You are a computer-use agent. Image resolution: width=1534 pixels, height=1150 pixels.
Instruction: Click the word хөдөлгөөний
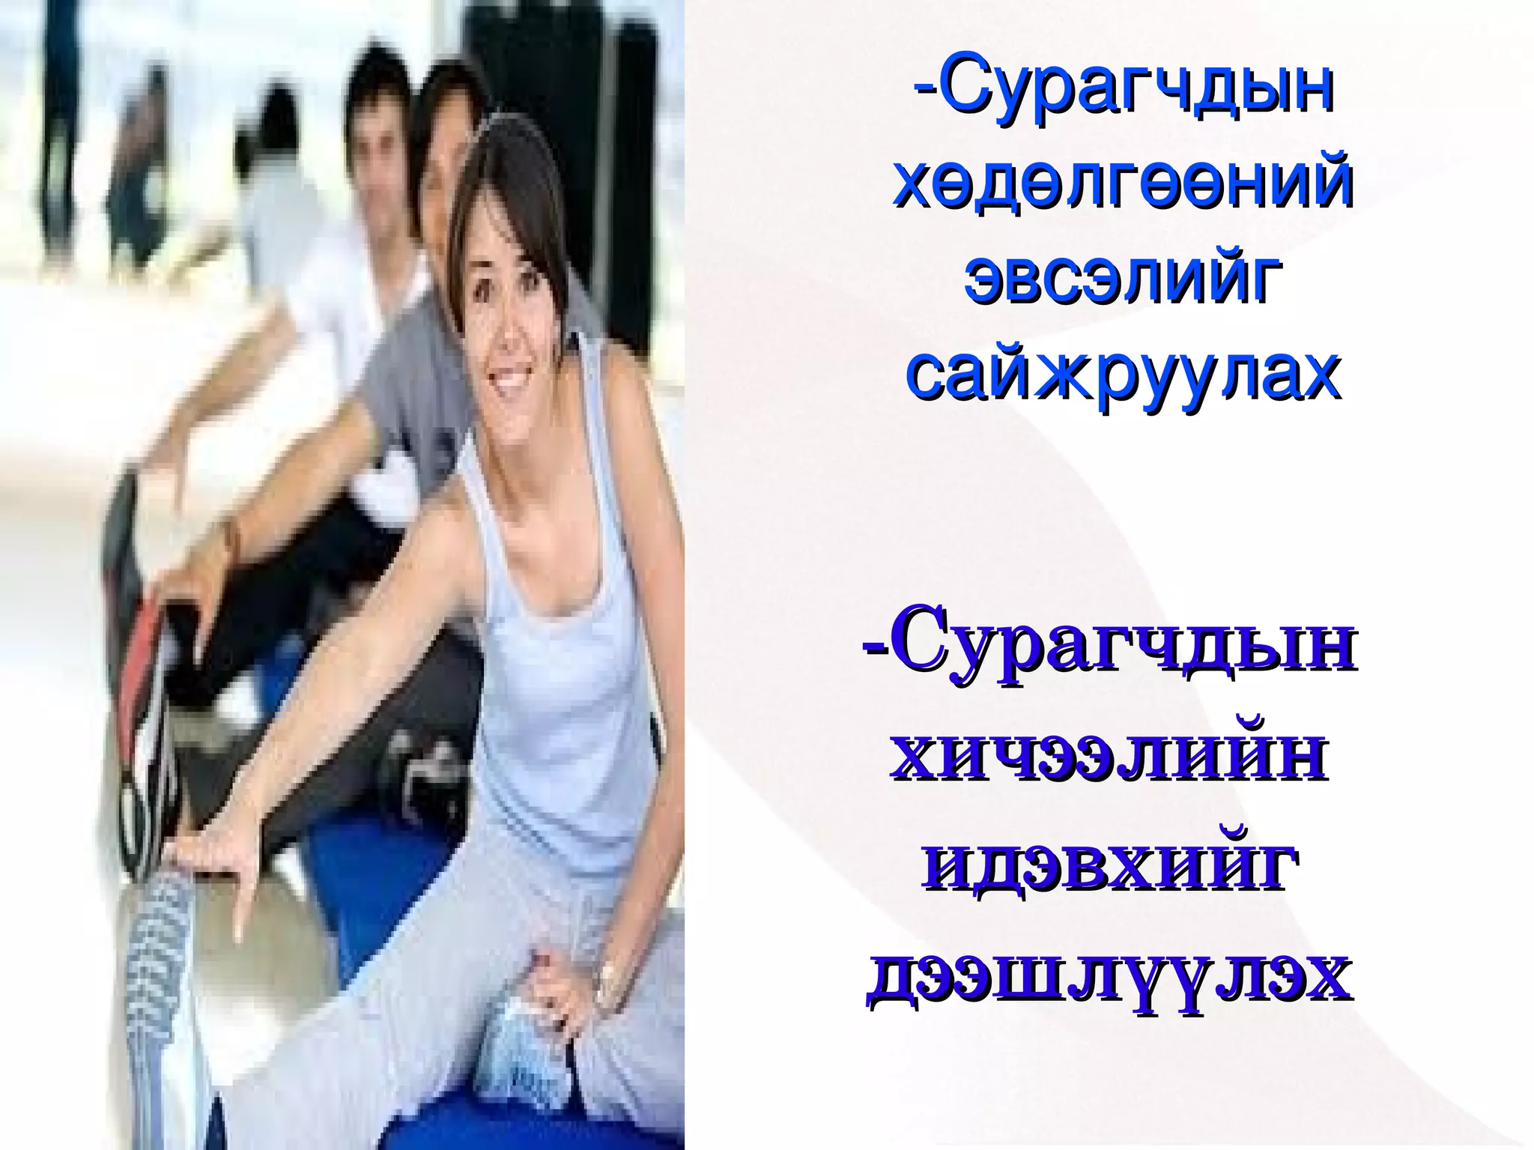tap(1123, 184)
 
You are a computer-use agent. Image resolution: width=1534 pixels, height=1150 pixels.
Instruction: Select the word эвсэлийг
tap(1121, 277)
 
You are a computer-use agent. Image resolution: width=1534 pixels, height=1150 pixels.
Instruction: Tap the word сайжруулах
tap(1123, 372)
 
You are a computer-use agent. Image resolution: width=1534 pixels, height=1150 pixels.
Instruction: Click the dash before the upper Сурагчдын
tap(925, 89)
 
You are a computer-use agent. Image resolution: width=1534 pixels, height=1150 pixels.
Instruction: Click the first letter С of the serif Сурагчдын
tap(918, 648)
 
